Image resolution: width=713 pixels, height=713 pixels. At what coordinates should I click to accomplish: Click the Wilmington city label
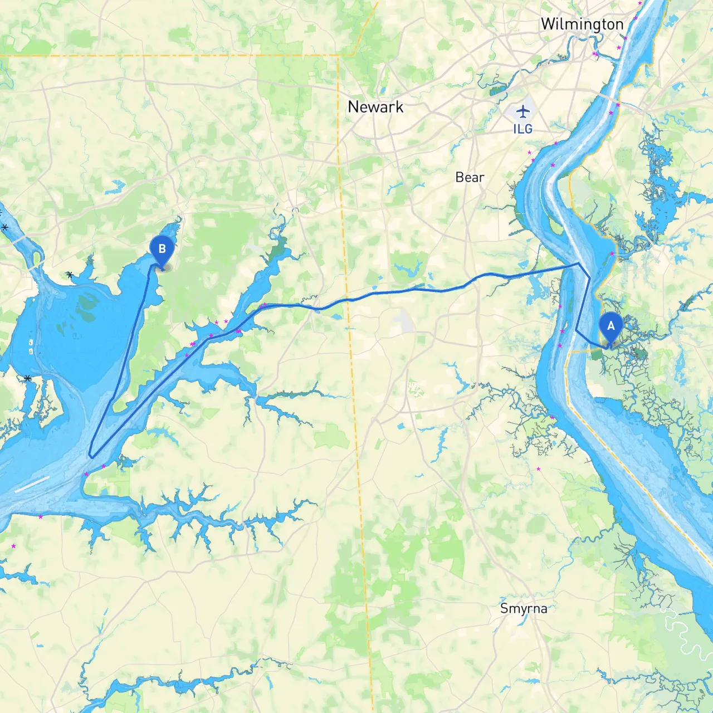coord(582,25)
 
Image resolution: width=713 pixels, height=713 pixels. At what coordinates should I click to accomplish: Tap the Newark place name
coord(375,107)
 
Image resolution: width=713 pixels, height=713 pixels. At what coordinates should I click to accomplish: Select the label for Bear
coord(470,177)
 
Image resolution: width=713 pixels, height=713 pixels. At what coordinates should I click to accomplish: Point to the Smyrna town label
coord(523,608)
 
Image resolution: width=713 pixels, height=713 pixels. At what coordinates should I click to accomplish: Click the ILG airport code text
coord(522,129)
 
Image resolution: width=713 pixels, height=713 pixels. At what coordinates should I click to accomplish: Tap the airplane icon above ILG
coord(522,111)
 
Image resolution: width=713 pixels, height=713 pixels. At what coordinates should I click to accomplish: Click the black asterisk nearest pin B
coord(70,275)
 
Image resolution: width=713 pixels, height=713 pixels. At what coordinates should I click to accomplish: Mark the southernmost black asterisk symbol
coord(27,378)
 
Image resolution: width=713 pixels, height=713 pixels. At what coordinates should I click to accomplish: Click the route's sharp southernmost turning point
coord(91,457)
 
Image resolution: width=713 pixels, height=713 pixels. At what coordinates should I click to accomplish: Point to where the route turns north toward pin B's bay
coord(114,397)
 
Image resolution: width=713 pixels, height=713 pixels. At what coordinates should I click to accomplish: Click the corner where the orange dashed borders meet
coord(339,56)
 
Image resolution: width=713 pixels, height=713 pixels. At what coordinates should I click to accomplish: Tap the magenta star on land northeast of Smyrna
coord(538,469)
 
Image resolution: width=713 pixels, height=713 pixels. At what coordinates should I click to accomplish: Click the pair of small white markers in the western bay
coord(31,346)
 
